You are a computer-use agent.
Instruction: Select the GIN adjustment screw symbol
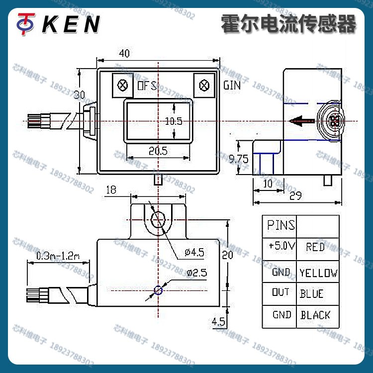203,85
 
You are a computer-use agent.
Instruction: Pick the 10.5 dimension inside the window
174,121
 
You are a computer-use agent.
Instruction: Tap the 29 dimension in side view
295,196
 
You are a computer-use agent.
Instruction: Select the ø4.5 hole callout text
194,252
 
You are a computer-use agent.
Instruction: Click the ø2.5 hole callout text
197,273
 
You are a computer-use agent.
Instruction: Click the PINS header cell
280,226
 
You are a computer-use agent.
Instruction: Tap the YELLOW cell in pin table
318,273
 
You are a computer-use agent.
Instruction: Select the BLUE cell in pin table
312,293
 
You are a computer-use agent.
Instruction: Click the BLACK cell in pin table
315,315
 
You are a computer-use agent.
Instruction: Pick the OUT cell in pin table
280,292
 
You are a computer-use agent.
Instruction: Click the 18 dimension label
111,189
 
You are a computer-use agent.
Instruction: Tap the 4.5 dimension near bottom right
218,322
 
